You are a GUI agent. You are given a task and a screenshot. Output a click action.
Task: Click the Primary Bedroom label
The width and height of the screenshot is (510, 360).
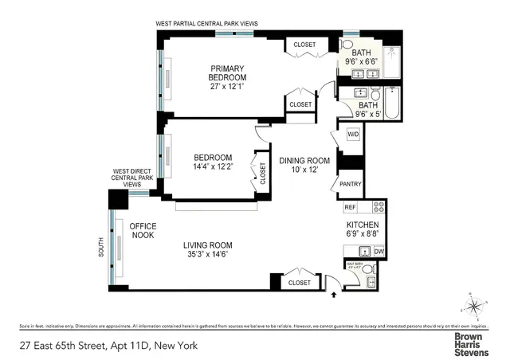[227, 72]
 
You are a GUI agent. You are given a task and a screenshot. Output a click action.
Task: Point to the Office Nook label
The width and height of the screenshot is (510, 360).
[143, 231]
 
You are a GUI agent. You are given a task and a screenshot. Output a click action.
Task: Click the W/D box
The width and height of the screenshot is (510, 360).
[352, 135]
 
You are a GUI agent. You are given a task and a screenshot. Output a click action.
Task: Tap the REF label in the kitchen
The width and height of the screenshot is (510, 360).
[350, 207]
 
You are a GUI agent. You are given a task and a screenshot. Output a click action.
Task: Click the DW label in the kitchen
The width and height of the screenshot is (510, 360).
[379, 252]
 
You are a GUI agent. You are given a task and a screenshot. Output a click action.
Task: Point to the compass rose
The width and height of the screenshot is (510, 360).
[473, 305]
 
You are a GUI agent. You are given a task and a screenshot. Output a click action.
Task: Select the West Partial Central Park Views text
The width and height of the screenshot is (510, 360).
[206, 25]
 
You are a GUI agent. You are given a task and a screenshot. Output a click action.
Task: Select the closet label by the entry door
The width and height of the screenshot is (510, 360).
[300, 282]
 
